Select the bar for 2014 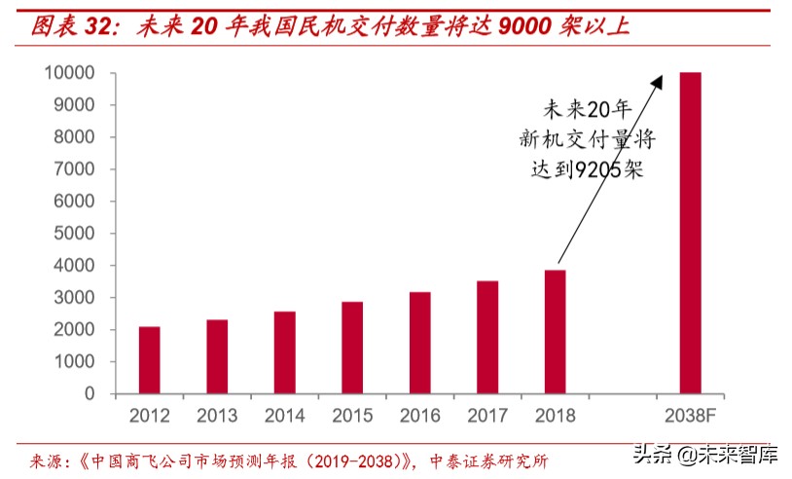coord(285,352)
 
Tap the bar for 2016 coord(420,343)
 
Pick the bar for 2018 coord(555,332)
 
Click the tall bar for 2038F coord(690,234)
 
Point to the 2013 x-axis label coord(217,416)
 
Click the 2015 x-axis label coord(352,416)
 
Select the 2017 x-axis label coord(487,416)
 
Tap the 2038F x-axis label coord(690,416)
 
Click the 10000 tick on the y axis coord(69,73)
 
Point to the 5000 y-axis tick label coord(75,234)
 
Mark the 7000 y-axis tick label coord(75,169)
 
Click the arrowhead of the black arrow coord(660,81)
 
